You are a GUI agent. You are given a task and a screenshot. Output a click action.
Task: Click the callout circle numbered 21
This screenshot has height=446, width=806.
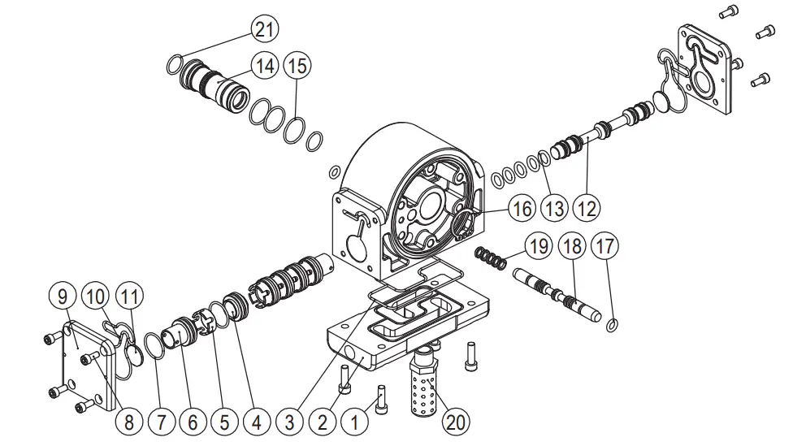[x=262, y=30]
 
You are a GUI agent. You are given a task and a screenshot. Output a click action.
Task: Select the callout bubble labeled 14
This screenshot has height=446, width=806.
[x=262, y=66]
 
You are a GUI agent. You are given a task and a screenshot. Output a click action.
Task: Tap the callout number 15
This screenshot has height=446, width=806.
[x=297, y=66]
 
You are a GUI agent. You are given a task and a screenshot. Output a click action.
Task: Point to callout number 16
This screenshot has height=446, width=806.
[x=521, y=209]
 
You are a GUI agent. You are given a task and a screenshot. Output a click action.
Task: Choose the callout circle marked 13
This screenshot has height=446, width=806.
[x=554, y=209]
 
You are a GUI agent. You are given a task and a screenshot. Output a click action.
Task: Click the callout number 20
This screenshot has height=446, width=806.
[x=456, y=422]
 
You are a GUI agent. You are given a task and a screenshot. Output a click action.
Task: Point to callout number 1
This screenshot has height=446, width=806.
[x=354, y=422]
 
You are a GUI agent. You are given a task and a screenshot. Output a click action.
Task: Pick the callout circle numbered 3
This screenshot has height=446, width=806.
[x=289, y=422]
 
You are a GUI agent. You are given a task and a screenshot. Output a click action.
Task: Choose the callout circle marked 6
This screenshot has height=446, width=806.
[x=193, y=422]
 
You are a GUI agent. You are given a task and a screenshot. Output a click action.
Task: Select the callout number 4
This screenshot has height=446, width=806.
[x=257, y=422]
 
